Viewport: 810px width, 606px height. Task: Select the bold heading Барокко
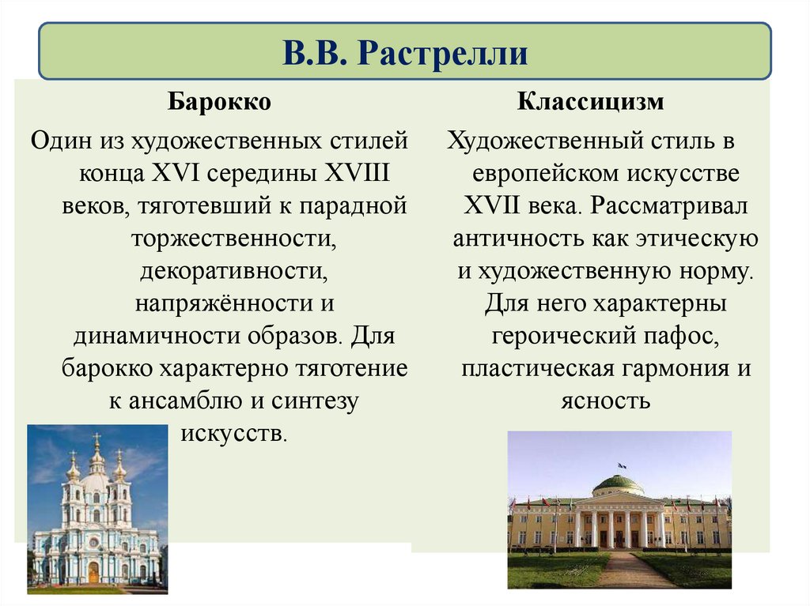218,103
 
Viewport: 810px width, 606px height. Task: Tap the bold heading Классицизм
590,103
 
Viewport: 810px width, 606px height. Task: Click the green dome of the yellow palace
618,483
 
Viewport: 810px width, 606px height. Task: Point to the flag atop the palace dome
622,466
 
